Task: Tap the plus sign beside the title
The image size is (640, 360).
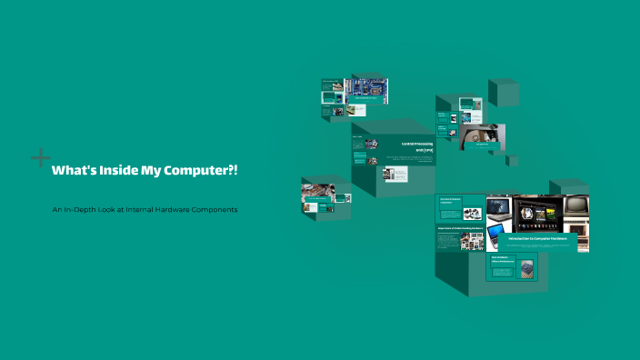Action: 40,158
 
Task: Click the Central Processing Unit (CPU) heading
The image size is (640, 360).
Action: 417,145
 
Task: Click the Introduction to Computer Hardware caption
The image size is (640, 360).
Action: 537,238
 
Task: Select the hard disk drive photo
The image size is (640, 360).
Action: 481,137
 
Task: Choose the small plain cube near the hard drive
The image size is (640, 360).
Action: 513,161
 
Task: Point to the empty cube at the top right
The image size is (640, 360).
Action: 503,92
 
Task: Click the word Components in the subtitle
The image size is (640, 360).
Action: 217,210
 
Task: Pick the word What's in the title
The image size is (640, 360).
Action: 69,170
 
